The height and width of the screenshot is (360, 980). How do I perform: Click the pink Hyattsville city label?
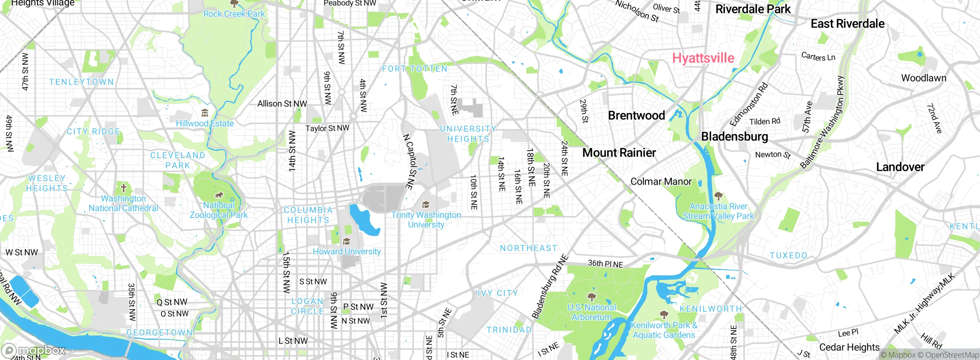coord(703,58)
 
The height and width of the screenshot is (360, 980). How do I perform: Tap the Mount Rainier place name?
coord(619,153)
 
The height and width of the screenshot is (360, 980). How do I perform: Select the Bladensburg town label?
coord(734,137)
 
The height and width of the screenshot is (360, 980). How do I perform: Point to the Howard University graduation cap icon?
coord(346,241)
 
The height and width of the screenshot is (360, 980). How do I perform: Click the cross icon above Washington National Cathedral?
coord(123,188)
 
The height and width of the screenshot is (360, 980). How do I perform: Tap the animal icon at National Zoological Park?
coord(219,196)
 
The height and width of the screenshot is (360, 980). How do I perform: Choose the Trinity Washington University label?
coord(426,220)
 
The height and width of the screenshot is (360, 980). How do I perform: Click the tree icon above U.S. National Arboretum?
coord(591,297)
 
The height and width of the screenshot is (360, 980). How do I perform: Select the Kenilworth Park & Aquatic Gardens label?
coord(664,330)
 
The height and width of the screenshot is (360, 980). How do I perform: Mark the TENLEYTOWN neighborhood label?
coord(82,82)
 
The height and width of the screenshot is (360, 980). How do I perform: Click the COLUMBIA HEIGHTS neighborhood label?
coord(308,215)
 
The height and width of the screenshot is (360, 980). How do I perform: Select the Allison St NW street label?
coord(282,104)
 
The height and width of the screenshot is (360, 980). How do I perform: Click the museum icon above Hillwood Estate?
coord(205,113)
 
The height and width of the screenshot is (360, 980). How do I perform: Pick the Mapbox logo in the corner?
coord(34,350)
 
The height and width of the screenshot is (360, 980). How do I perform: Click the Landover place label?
coord(900,167)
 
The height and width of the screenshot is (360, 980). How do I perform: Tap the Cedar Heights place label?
coord(849,347)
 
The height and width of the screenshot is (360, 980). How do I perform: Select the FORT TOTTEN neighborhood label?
coord(415,69)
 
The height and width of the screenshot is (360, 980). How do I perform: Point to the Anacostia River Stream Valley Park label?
coord(718,211)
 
